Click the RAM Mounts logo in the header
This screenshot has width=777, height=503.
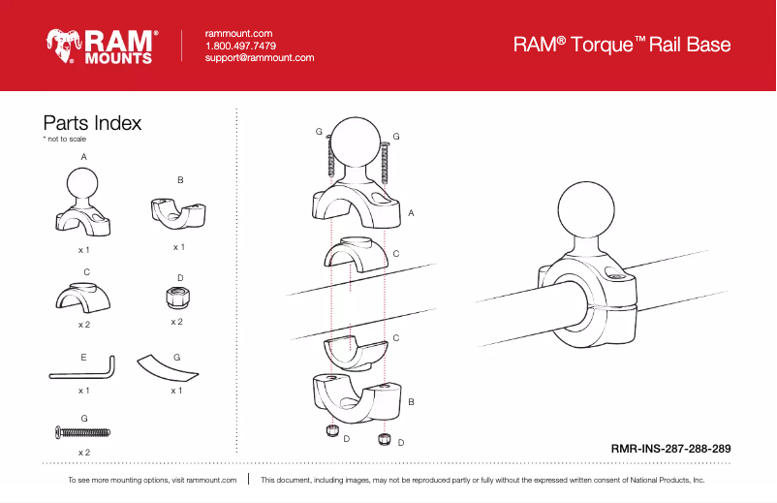coord(101,46)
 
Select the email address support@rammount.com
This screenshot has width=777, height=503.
coord(260,58)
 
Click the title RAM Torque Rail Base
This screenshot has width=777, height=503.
coord(621,45)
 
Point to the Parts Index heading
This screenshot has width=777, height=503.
coord(92,123)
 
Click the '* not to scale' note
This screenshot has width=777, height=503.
coord(64,140)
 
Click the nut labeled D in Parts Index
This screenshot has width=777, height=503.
coord(175,297)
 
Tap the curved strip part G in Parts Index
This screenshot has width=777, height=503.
coord(171,368)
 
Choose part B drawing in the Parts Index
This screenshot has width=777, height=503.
coord(180,212)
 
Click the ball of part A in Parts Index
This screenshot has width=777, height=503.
coord(85,182)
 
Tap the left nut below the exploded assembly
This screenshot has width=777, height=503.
coord(332,429)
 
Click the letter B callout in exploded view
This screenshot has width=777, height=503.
coord(411,400)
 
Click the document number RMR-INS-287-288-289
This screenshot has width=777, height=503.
coord(670,449)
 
